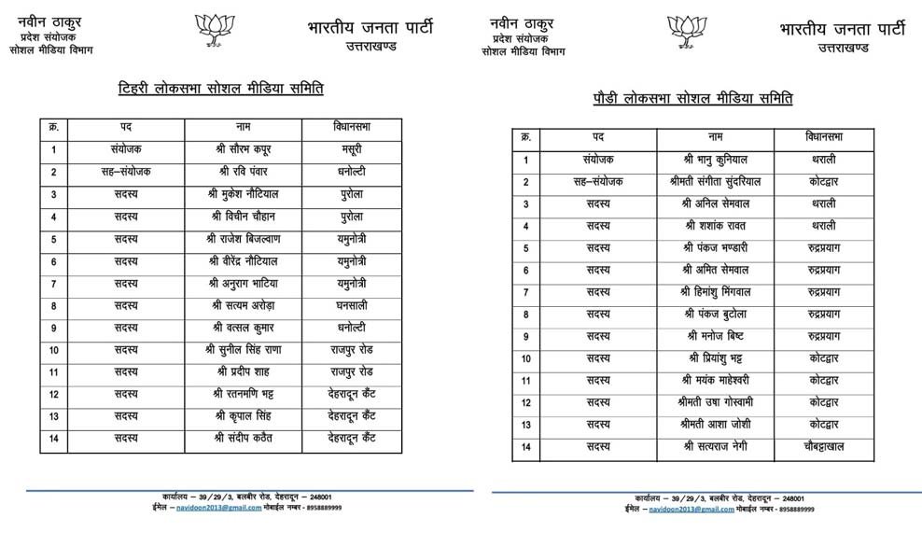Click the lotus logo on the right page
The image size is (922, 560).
pyautogui.click(x=687, y=31)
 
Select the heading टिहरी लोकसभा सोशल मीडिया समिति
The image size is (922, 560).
pyautogui.click(x=220, y=89)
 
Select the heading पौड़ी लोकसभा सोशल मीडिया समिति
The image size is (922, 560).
pyautogui.click(x=692, y=97)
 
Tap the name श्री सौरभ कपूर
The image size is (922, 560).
pyautogui.click(x=243, y=148)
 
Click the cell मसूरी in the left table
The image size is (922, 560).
pyautogui.click(x=351, y=148)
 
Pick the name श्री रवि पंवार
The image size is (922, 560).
pyautogui.click(x=243, y=171)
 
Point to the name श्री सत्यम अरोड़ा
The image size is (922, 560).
pyautogui.click(x=243, y=305)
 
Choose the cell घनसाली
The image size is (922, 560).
pyautogui.click(x=351, y=305)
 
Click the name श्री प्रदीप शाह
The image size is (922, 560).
pyautogui.click(x=243, y=371)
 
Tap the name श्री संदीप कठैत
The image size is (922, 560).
pyautogui.click(x=243, y=438)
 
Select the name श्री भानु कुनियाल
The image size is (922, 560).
pyautogui.click(x=715, y=160)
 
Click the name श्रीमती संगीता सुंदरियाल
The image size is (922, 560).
pyautogui.click(x=715, y=182)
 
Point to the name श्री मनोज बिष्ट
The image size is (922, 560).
pyautogui.click(x=715, y=336)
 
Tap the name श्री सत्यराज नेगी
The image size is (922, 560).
pyautogui.click(x=715, y=447)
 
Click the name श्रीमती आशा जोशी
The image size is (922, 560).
pyautogui.click(x=715, y=425)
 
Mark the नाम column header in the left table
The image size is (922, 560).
pyautogui.click(x=243, y=126)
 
